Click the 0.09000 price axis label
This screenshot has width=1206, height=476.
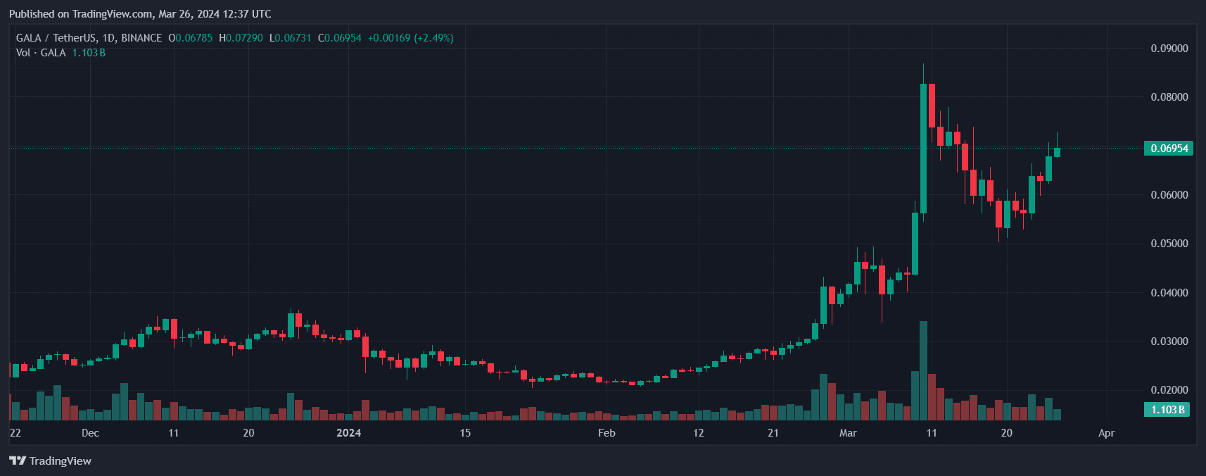click(1169, 49)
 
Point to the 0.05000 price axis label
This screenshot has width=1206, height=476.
click(1169, 244)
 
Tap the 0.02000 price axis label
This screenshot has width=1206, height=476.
click(1169, 390)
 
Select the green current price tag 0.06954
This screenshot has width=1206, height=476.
click(1169, 149)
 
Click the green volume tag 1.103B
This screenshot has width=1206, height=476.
click(1167, 410)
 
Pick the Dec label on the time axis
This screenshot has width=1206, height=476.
click(90, 433)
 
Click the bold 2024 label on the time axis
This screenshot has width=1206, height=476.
click(348, 433)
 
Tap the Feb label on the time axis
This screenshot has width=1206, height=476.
click(607, 433)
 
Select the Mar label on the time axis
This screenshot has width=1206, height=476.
click(848, 433)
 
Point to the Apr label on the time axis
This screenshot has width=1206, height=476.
click(1106, 433)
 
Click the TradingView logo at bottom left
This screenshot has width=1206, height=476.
click(51, 461)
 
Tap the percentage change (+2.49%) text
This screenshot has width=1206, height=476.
click(433, 38)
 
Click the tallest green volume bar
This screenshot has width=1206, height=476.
click(923, 370)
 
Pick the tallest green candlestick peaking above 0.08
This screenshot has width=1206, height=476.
click(923, 148)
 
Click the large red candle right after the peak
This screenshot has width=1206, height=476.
click(932, 106)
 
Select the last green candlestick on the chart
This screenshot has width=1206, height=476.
click(1057, 152)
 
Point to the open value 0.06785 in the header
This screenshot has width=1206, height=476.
click(193, 38)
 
